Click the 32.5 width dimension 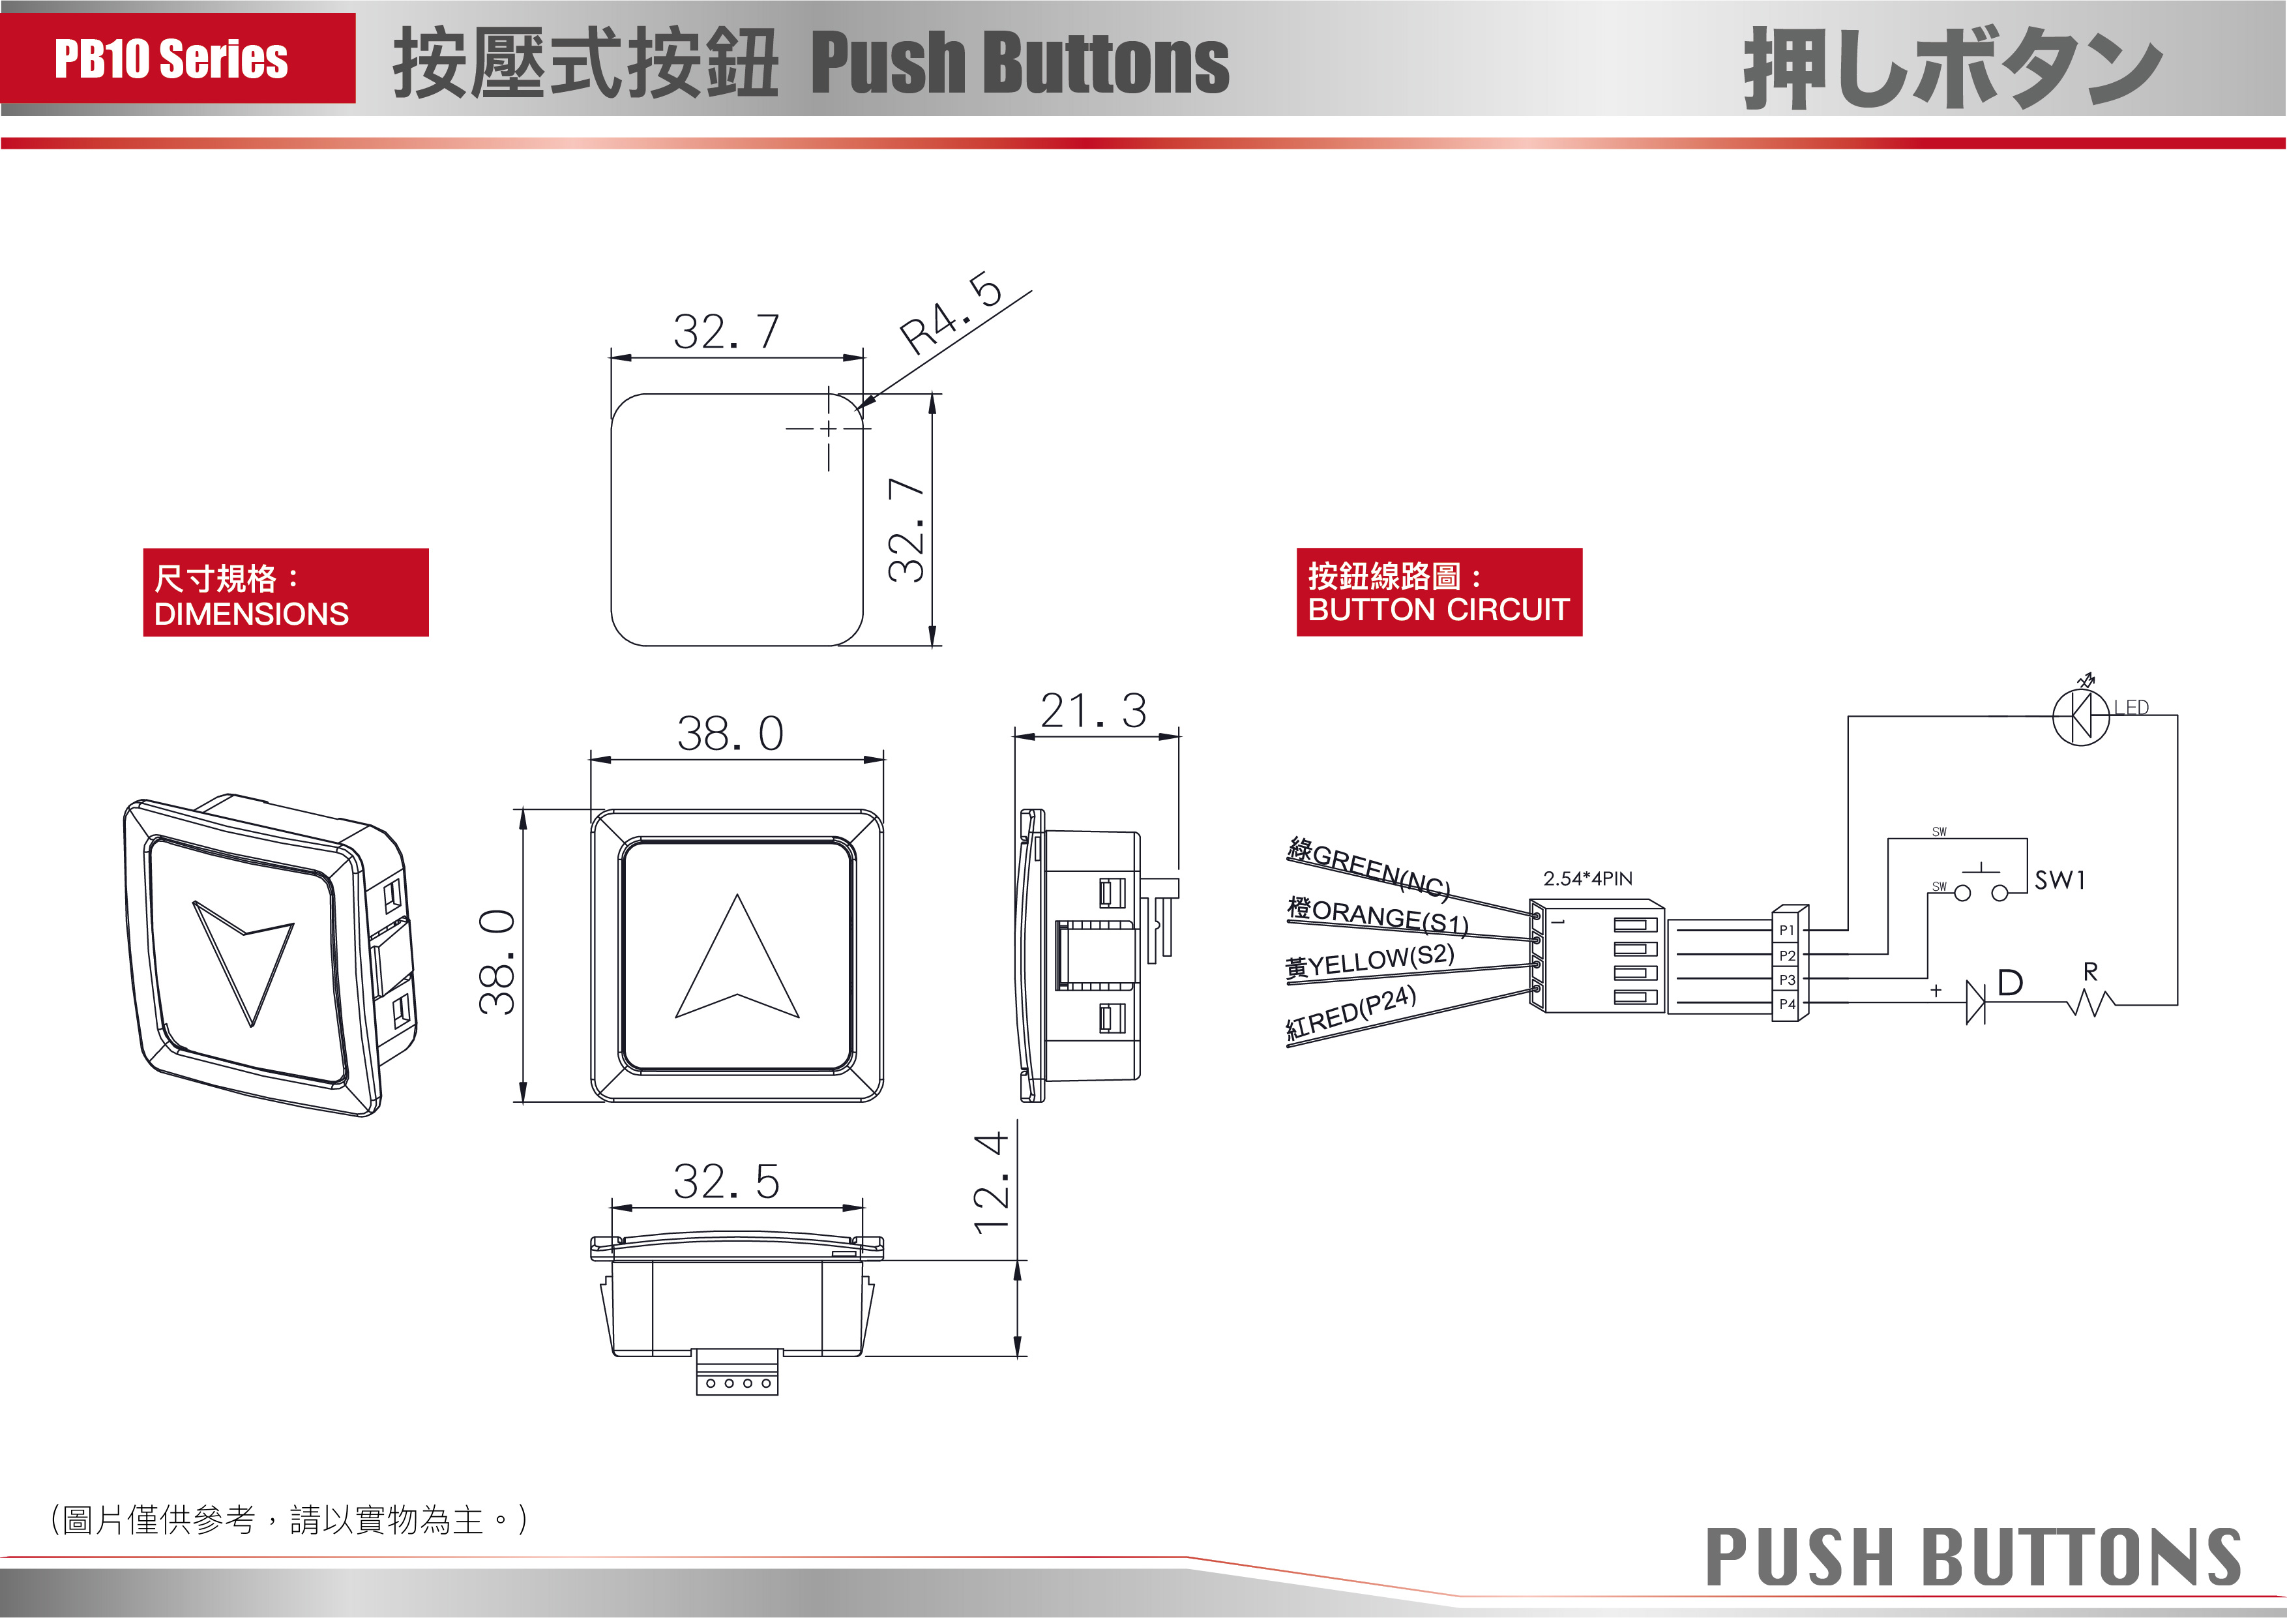(x=726, y=1182)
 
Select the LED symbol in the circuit (x=2081, y=715)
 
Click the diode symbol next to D (x=1975, y=1001)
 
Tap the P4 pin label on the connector (x=1787, y=1004)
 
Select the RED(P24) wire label (x=1351, y=1012)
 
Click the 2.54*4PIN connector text (x=1587, y=878)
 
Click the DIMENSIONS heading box (x=286, y=593)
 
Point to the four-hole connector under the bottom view (x=737, y=1382)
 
